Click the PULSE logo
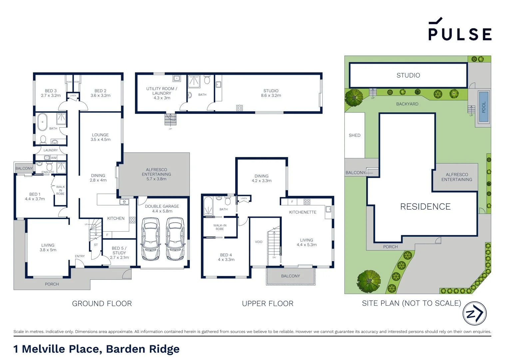pos(460,30)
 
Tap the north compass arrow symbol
pos(474,313)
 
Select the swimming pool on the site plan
pos(484,107)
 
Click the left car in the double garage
pos(150,239)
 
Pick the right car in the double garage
pos(175,239)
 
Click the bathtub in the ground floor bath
pos(42,122)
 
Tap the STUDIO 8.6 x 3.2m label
pos(271,93)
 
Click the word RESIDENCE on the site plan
pos(425,207)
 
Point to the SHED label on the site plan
pos(354,135)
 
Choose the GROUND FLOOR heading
pos(102,304)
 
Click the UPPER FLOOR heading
pos(267,304)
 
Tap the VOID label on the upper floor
pos(258,242)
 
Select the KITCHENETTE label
pos(302,212)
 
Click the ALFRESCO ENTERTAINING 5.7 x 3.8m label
pos(156,174)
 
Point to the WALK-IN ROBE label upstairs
pos(220,227)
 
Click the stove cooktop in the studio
pos(240,108)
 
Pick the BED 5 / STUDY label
pos(119,253)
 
